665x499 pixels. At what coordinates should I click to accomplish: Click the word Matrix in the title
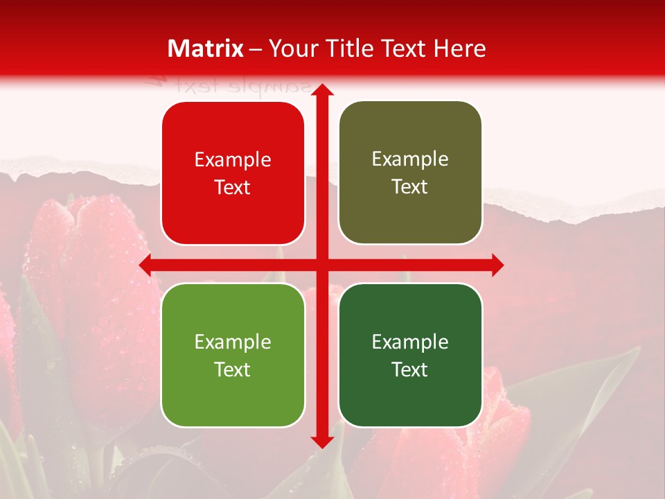coord(206,49)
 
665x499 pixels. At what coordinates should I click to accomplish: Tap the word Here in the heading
coord(459,49)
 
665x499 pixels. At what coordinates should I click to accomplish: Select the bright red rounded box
coord(233,173)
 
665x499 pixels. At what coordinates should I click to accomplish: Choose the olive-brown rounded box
coord(410,173)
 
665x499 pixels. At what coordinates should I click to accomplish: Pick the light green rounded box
coord(233,355)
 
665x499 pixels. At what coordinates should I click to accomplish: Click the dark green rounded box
coord(410,355)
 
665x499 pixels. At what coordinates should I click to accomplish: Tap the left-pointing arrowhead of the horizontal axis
coord(146,265)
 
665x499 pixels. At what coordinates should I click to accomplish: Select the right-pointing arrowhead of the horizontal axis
coord(497,265)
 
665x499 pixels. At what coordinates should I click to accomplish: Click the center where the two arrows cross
coord(321,265)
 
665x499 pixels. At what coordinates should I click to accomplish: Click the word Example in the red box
coord(233,160)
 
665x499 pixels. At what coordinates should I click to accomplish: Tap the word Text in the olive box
coord(410,187)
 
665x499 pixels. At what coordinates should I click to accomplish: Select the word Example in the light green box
coord(233,342)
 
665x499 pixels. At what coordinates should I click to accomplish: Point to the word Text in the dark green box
coord(410,369)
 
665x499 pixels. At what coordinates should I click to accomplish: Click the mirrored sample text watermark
coord(229,86)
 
